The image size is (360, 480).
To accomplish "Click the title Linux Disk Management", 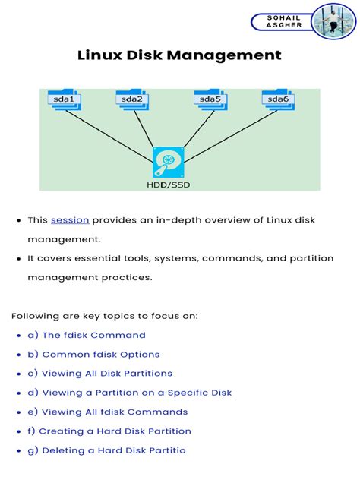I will (x=179, y=55).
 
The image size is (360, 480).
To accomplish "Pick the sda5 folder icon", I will (x=207, y=99).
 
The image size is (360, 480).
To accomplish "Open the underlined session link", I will (x=70, y=220).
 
